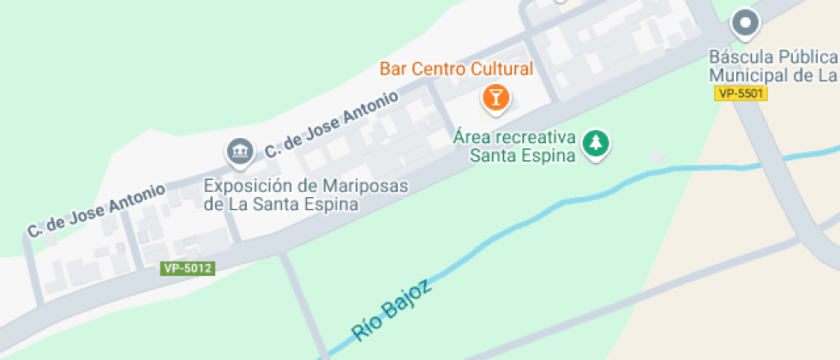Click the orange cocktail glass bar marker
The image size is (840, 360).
pyautogui.click(x=495, y=97)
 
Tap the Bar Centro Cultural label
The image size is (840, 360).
pyautogui.click(x=457, y=69)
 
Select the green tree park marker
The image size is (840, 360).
pyautogui.click(x=594, y=143)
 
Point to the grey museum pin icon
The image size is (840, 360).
pyautogui.click(x=239, y=152)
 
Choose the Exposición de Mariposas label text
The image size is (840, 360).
pyautogui.click(x=306, y=195)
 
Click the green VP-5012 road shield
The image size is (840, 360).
pyautogui.click(x=187, y=268)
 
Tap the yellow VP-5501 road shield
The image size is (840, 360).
pyautogui.click(x=741, y=93)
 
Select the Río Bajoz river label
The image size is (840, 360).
pyautogui.click(x=392, y=309)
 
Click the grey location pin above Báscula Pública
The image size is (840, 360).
pyautogui.click(x=746, y=24)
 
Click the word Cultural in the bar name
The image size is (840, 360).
pyautogui.click(x=500, y=69)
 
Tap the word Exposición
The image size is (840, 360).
pyautogui.click(x=245, y=186)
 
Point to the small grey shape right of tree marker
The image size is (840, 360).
pyautogui.click(x=656, y=156)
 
